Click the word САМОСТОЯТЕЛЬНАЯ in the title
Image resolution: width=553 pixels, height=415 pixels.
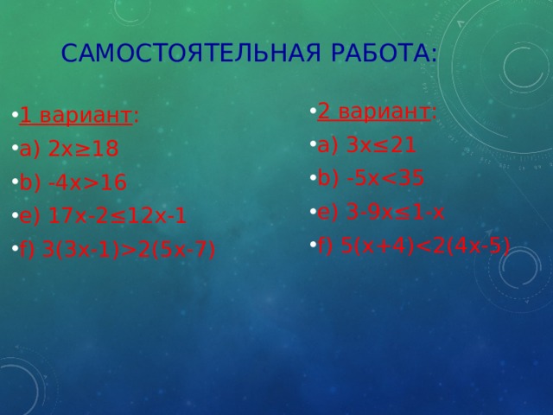(x=191, y=53)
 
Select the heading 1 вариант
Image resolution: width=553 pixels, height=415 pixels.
(x=76, y=115)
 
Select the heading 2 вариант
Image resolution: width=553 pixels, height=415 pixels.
(x=373, y=112)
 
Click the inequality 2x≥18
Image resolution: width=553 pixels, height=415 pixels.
(x=83, y=149)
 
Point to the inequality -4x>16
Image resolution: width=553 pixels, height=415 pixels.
(x=87, y=182)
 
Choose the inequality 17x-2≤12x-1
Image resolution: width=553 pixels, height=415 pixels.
(x=117, y=216)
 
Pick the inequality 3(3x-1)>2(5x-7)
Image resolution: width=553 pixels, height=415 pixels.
(x=129, y=250)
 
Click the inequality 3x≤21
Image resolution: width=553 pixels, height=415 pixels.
(x=381, y=145)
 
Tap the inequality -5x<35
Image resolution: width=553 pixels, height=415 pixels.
(x=385, y=177)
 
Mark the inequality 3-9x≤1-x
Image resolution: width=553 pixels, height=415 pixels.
(x=395, y=212)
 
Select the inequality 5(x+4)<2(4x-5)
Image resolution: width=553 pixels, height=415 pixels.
(x=425, y=246)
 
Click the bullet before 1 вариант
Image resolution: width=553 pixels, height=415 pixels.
(x=15, y=115)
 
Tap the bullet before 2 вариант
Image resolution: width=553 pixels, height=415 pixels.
(x=313, y=111)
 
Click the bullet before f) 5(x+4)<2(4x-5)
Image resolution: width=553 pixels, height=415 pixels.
(x=313, y=244)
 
